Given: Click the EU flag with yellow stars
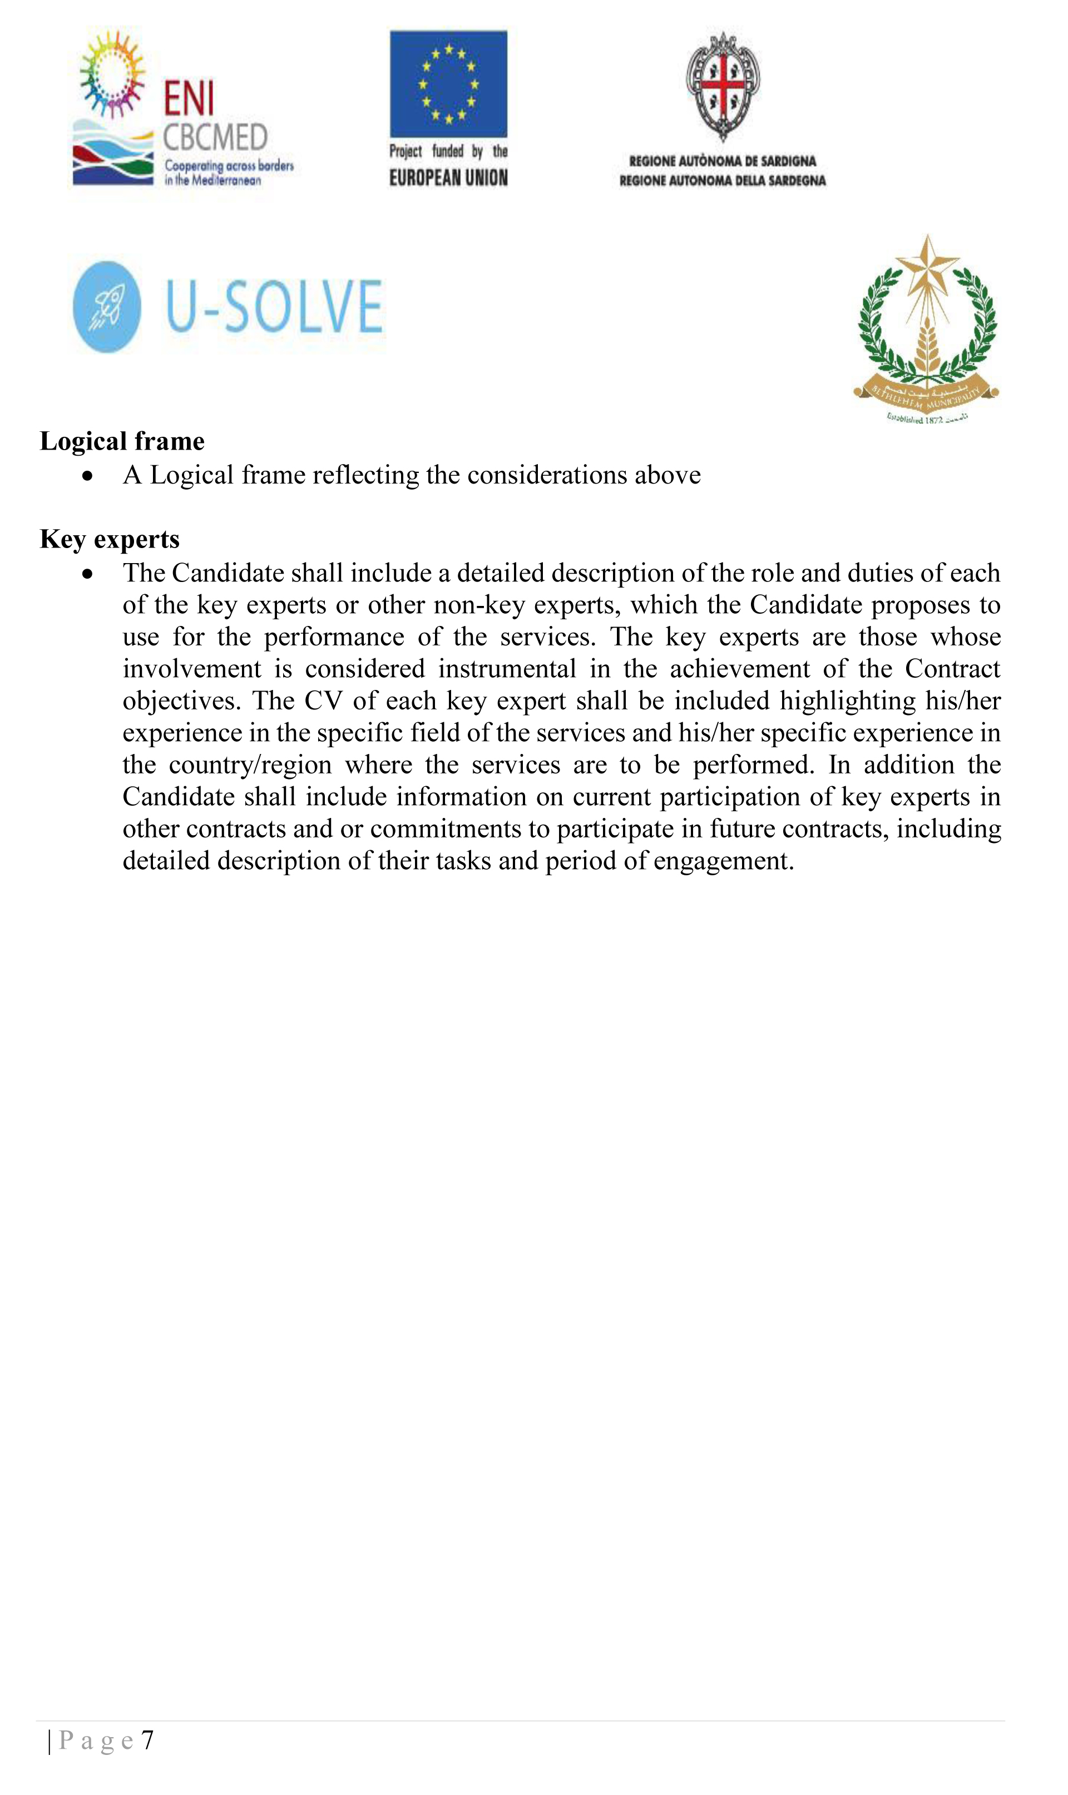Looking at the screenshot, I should tap(448, 83).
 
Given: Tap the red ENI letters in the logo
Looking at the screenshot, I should tap(189, 98).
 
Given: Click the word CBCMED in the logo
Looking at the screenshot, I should tap(215, 137).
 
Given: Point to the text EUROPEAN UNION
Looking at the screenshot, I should tap(448, 177).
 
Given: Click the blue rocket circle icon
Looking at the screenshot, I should tap(107, 307).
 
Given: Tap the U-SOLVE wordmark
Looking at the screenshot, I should tap(274, 307).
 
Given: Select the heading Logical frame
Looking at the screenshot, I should tap(122, 441).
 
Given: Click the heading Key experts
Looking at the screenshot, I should tap(110, 539).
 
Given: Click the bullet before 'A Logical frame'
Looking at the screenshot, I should tap(88, 476).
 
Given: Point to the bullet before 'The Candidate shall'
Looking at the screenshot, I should tap(88, 574).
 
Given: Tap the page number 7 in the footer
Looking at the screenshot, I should tap(147, 1740).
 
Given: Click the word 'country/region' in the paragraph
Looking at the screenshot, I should tap(250, 765).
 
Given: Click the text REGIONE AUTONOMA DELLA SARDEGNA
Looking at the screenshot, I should tap(723, 181).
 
